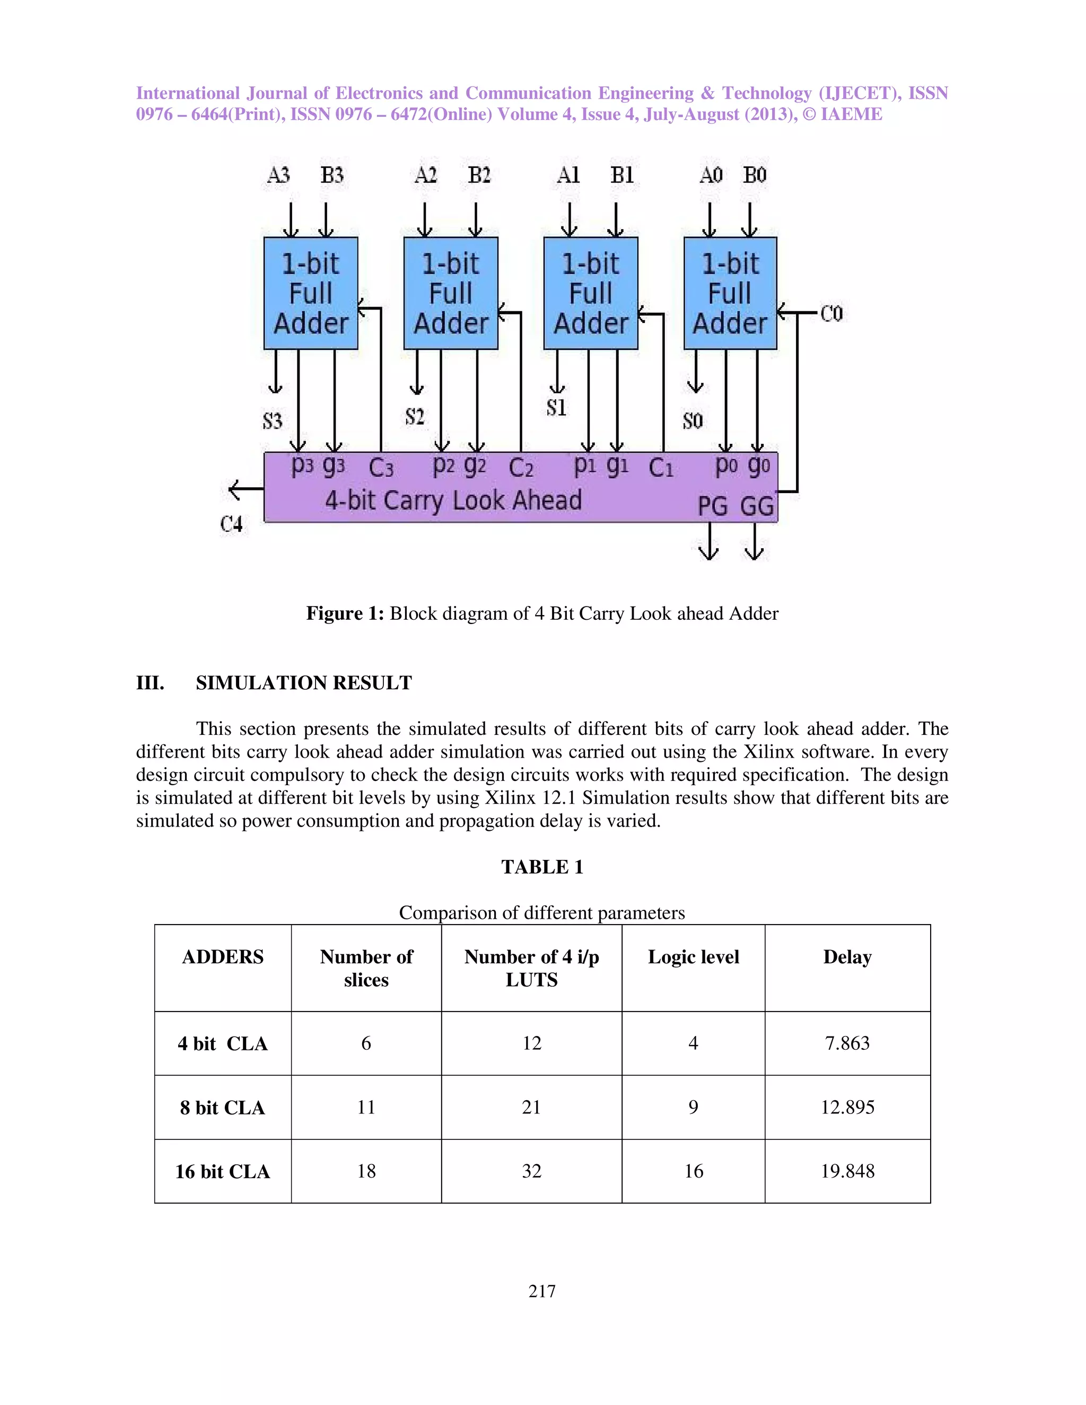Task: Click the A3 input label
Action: [x=278, y=175]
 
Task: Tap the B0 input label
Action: [x=755, y=175]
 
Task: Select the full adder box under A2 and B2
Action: [x=450, y=293]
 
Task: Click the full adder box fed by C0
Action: [x=730, y=293]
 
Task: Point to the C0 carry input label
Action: [x=831, y=314]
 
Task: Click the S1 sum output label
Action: [x=556, y=408]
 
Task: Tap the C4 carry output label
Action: [x=232, y=524]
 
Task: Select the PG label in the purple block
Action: [x=713, y=506]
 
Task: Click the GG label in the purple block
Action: [x=757, y=506]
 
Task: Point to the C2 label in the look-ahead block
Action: [x=521, y=468]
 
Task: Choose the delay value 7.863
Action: [x=847, y=1043]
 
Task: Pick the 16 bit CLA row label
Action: [x=223, y=1172]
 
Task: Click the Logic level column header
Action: [x=693, y=956]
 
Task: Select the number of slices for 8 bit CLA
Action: [x=366, y=1107]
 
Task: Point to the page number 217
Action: [x=542, y=1290]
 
